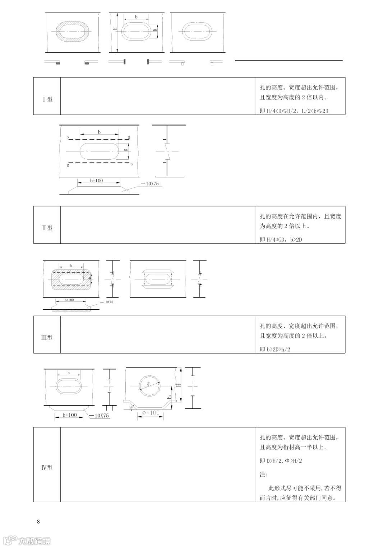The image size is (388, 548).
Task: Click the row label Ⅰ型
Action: tap(47, 99)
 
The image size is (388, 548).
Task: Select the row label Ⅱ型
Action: tap(47, 228)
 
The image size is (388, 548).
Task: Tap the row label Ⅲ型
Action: tap(47, 338)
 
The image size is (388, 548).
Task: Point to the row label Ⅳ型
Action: tap(47, 468)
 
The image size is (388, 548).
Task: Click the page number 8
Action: tap(38, 521)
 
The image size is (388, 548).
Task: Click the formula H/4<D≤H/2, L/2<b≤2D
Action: tap(294, 111)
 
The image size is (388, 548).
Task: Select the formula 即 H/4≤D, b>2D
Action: tap(281, 239)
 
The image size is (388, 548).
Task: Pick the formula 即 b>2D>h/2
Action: tap(275, 349)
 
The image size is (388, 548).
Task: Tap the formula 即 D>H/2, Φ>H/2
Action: tap(281, 461)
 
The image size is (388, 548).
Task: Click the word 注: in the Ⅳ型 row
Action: tap(264, 474)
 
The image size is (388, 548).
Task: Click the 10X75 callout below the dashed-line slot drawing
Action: tap(152, 184)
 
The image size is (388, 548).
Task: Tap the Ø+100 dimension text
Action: tap(151, 413)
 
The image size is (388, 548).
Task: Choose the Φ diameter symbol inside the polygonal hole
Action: tap(148, 384)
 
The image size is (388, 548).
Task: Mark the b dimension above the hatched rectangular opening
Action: tap(71, 266)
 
